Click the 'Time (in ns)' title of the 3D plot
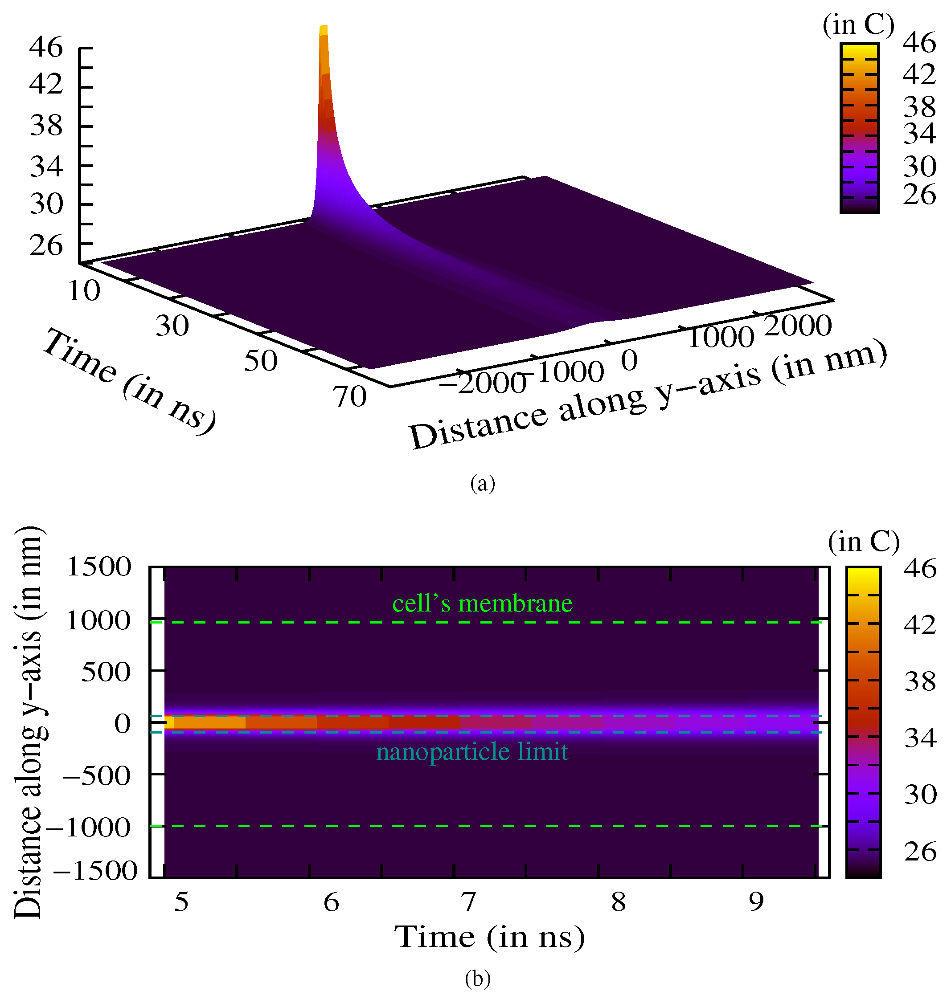tap(129, 380)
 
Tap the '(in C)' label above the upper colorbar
tap(858, 24)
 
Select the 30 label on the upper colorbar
tap(919, 166)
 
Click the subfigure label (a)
tap(482, 484)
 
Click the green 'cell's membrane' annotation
tap(482, 603)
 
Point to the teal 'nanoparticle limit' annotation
tap(472, 751)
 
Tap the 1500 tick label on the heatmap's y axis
tap(99, 567)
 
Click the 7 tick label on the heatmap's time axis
tap(468, 902)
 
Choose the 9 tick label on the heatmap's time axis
tap(756, 902)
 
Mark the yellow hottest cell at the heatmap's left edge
tap(169, 722)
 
